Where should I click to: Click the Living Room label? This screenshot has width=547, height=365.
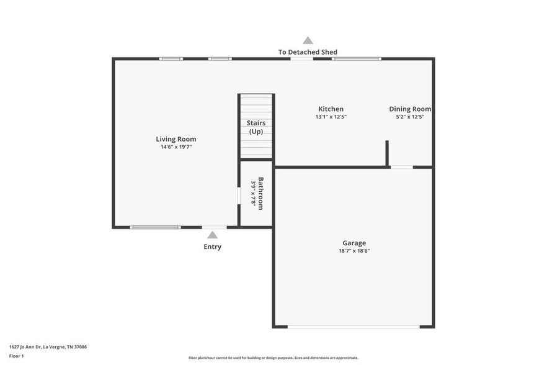(x=176, y=139)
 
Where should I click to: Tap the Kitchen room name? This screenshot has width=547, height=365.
(x=331, y=109)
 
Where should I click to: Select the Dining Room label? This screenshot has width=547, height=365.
(x=409, y=109)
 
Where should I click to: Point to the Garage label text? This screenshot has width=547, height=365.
(x=354, y=243)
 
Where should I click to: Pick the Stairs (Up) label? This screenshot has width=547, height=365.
(x=256, y=127)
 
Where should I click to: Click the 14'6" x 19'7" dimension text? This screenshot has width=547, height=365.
(x=176, y=147)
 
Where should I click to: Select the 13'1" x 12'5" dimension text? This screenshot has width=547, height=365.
(x=331, y=117)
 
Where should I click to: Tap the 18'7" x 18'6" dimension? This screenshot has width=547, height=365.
(x=354, y=251)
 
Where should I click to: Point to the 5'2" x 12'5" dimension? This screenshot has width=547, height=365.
(x=409, y=117)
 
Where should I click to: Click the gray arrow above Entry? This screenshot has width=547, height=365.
(x=212, y=235)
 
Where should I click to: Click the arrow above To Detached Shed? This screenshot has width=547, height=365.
(x=308, y=40)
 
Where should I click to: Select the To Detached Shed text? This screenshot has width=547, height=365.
(x=308, y=52)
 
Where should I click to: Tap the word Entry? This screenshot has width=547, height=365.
(x=212, y=246)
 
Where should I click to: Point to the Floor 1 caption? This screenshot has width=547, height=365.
(x=17, y=356)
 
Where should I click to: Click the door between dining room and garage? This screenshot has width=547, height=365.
(x=401, y=167)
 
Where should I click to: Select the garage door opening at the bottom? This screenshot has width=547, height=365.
(x=354, y=327)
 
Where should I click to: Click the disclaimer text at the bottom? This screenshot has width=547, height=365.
(x=273, y=358)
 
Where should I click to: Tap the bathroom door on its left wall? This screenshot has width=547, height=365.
(x=239, y=195)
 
